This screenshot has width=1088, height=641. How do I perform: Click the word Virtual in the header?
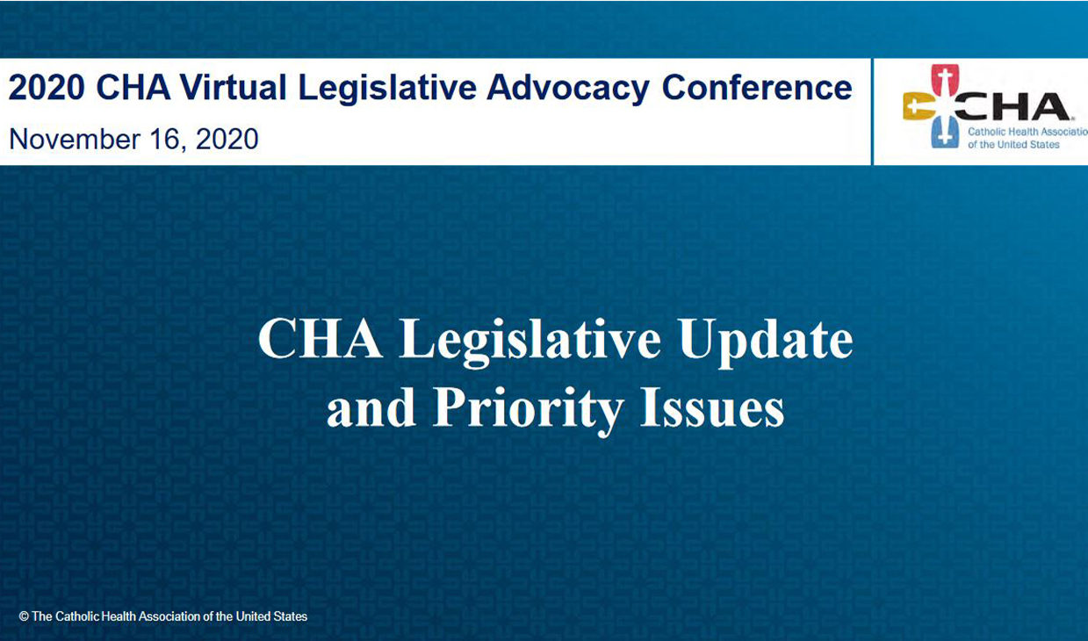pos(234,88)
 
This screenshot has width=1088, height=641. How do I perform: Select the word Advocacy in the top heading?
pos(568,90)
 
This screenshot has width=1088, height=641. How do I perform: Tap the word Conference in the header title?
pos(757,88)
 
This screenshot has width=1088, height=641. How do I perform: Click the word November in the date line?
pos(75,139)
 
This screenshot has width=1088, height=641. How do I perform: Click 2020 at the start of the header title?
pos(47,88)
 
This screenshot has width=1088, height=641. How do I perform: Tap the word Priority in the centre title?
pos(529,409)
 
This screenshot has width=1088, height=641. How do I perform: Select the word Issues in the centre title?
pos(712,408)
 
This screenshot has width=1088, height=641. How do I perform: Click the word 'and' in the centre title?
pos(371,409)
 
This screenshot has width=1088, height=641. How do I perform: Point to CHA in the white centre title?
pos(320,339)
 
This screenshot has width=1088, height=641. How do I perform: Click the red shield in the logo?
pos(945,81)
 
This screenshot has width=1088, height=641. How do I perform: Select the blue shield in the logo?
pos(945,132)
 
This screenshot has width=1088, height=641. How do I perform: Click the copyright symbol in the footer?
pos(24,616)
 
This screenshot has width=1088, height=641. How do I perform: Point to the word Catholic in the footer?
pos(77,616)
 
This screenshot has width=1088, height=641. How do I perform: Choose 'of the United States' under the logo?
pos(1013,145)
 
